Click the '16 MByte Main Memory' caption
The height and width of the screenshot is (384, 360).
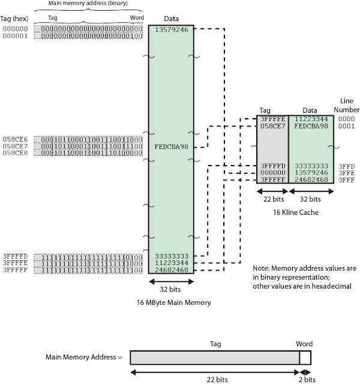click(174, 303)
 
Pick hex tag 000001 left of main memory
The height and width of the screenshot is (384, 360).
click(16, 35)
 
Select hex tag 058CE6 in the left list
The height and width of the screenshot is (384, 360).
click(16, 139)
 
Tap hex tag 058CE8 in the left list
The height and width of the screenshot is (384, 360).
click(16, 153)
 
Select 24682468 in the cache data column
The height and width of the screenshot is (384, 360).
click(311, 179)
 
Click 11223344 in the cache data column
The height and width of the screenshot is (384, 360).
click(311, 119)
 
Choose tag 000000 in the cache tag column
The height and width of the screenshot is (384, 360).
click(273, 172)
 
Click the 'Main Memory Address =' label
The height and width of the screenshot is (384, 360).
click(83, 358)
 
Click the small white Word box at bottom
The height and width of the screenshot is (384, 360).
click(305, 358)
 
